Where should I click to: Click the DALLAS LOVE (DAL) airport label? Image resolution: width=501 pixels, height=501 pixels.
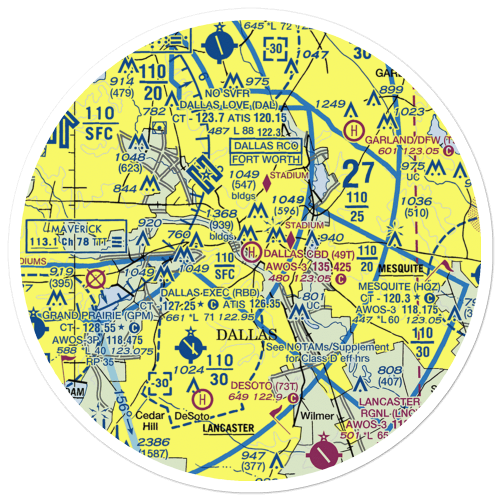(x=227, y=105)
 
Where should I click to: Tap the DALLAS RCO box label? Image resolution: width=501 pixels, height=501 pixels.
(x=266, y=146)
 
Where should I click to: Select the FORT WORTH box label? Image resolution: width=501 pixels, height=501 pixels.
(x=266, y=160)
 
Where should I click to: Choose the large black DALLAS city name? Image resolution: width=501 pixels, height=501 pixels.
(x=246, y=335)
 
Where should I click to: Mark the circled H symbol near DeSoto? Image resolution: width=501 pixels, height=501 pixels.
(x=202, y=399)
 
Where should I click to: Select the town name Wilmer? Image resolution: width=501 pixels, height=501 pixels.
(x=317, y=416)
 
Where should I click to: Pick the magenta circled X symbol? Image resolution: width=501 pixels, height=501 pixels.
(x=94, y=279)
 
